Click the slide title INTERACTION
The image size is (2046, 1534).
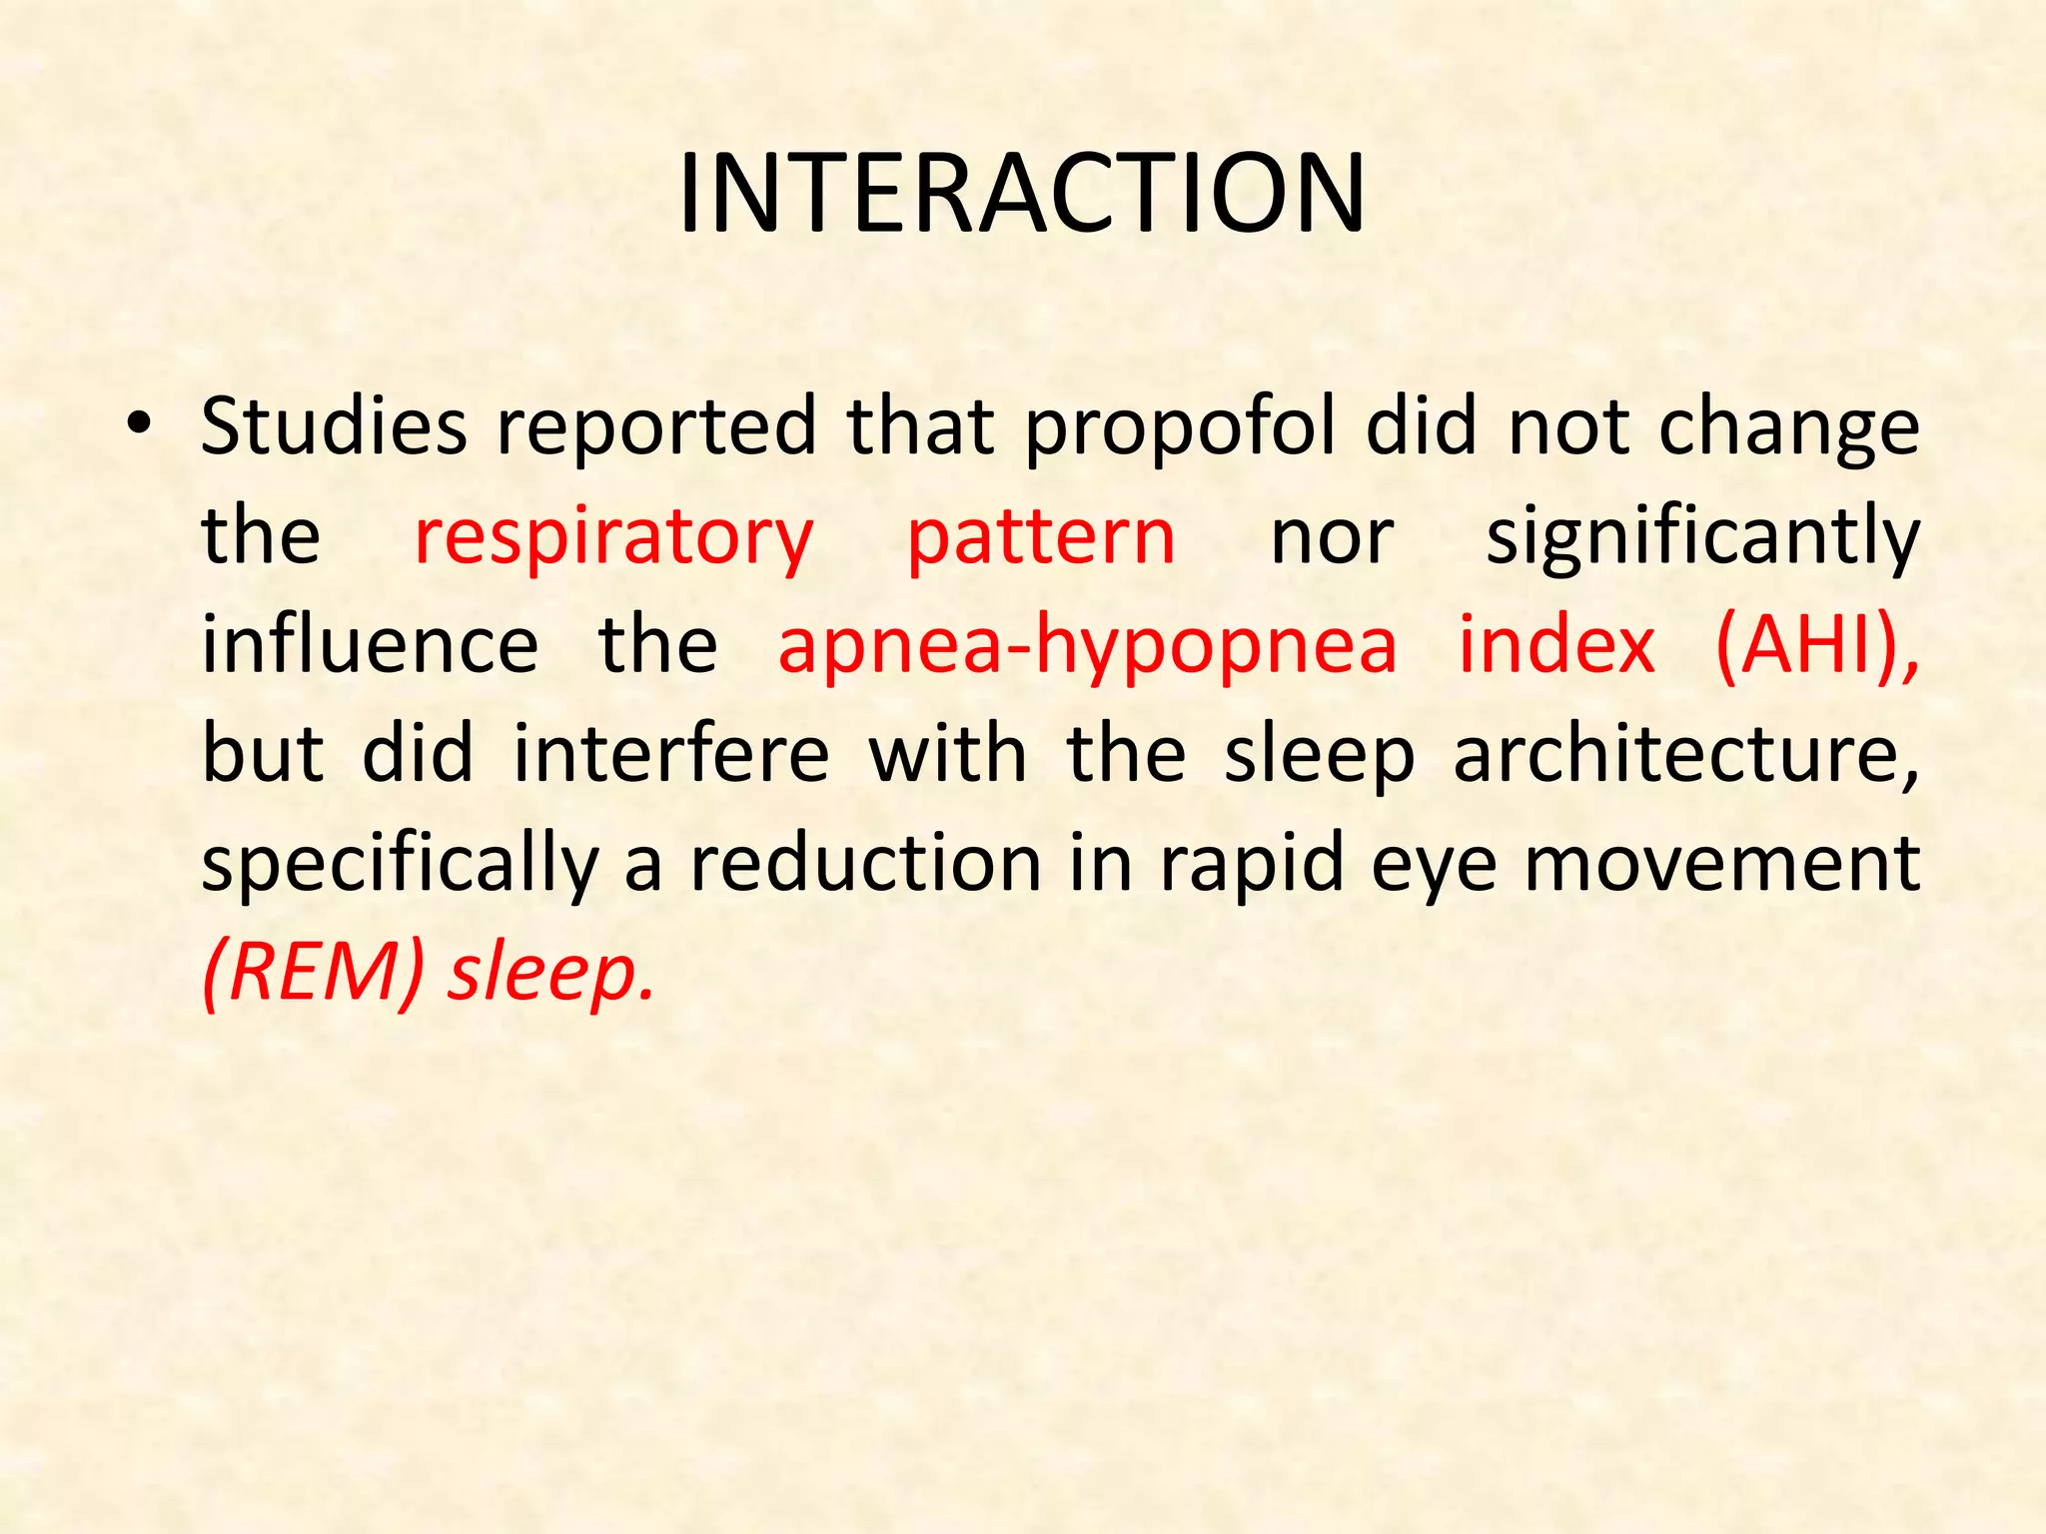(1021, 194)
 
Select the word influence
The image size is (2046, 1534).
(370, 645)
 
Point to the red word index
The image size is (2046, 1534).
(1556, 645)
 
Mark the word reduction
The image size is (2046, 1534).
(866, 863)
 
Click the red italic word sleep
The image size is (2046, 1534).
(550, 975)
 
